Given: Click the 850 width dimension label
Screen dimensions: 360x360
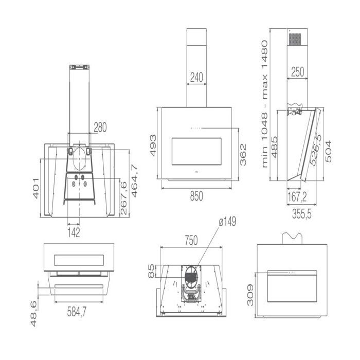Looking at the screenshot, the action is pyautogui.click(x=196, y=196).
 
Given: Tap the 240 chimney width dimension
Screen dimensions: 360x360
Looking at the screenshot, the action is pyautogui.click(x=196, y=77).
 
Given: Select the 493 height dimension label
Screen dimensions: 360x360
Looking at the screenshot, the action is pyautogui.click(x=153, y=146).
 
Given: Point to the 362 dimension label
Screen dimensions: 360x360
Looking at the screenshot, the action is pyautogui.click(x=243, y=155).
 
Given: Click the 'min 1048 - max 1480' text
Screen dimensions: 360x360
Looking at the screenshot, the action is pyautogui.click(x=265, y=104).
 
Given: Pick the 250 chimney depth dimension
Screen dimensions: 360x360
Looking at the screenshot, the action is pyautogui.click(x=298, y=71).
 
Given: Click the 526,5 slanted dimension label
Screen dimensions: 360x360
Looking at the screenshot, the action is pyautogui.click(x=316, y=150).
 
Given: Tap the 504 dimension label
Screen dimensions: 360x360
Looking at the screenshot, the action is pyautogui.click(x=328, y=152).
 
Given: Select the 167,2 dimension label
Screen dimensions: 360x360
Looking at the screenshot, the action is pyautogui.click(x=297, y=197).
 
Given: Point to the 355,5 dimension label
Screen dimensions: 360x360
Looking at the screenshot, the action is pyautogui.click(x=302, y=214).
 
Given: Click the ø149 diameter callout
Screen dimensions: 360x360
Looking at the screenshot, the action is pyautogui.click(x=227, y=222).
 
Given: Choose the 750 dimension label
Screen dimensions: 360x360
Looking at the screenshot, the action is pyautogui.click(x=191, y=240).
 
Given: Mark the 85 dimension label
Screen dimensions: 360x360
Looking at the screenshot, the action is pyautogui.click(x=151, y=271).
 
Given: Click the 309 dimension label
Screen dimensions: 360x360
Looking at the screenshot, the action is pyautogui.click(x=250, y=295).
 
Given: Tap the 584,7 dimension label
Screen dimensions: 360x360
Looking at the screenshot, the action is pyautogui.click(x=77, y=312).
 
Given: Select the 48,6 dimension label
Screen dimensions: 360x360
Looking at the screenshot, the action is pyautogui.click(x=33, y=314).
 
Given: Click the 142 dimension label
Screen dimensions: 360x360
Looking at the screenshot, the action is pyautogui.click(x=74, y=233).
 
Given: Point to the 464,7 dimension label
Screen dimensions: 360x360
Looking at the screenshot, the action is pyautogui.click(x=134, y=181).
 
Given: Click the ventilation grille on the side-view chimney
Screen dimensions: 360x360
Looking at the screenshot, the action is pyautogui.click(x=295, y=39).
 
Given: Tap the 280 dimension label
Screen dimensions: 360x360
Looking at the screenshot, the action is pyautogui.click(x=100, y=128).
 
